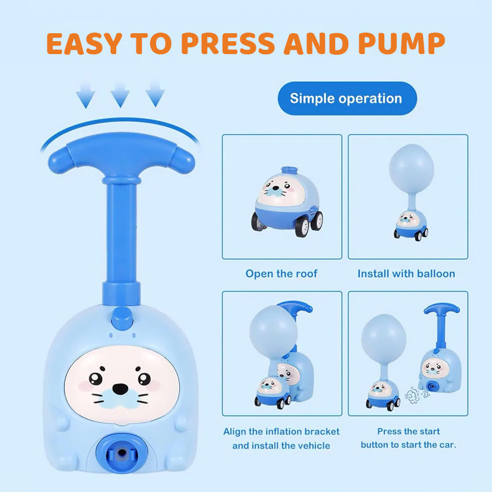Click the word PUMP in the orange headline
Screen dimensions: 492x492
pos(402,43)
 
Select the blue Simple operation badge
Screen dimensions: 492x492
pos(347,98)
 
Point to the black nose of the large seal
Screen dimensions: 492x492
pos(120,389)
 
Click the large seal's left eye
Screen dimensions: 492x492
pos(96,379)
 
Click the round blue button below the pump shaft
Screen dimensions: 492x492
pos(122,318)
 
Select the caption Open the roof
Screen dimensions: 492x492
pos(282,274)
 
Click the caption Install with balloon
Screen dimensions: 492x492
pos(407,274)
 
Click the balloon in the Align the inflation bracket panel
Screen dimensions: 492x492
pos(273,331)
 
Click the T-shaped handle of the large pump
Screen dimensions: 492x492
pos(121,157)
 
